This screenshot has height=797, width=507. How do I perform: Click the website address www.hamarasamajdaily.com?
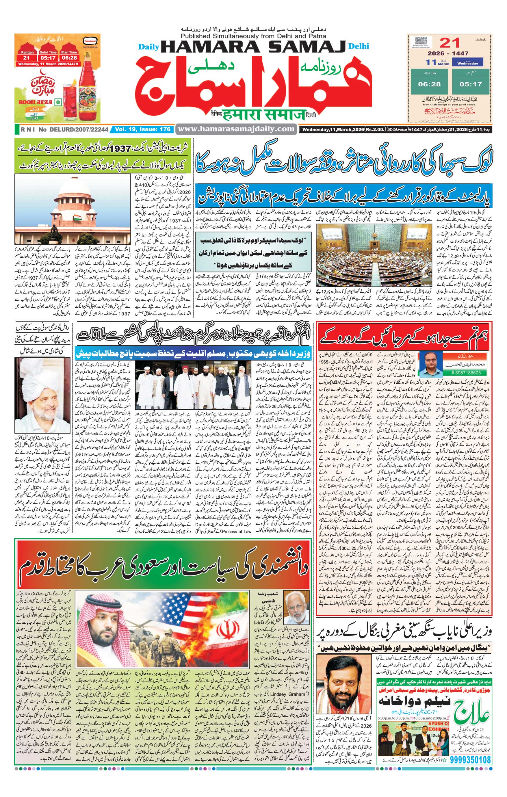point(236,129)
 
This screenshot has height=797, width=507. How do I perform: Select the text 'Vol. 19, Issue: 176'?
point(143,129)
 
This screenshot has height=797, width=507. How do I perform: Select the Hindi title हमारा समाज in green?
point(263,115)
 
